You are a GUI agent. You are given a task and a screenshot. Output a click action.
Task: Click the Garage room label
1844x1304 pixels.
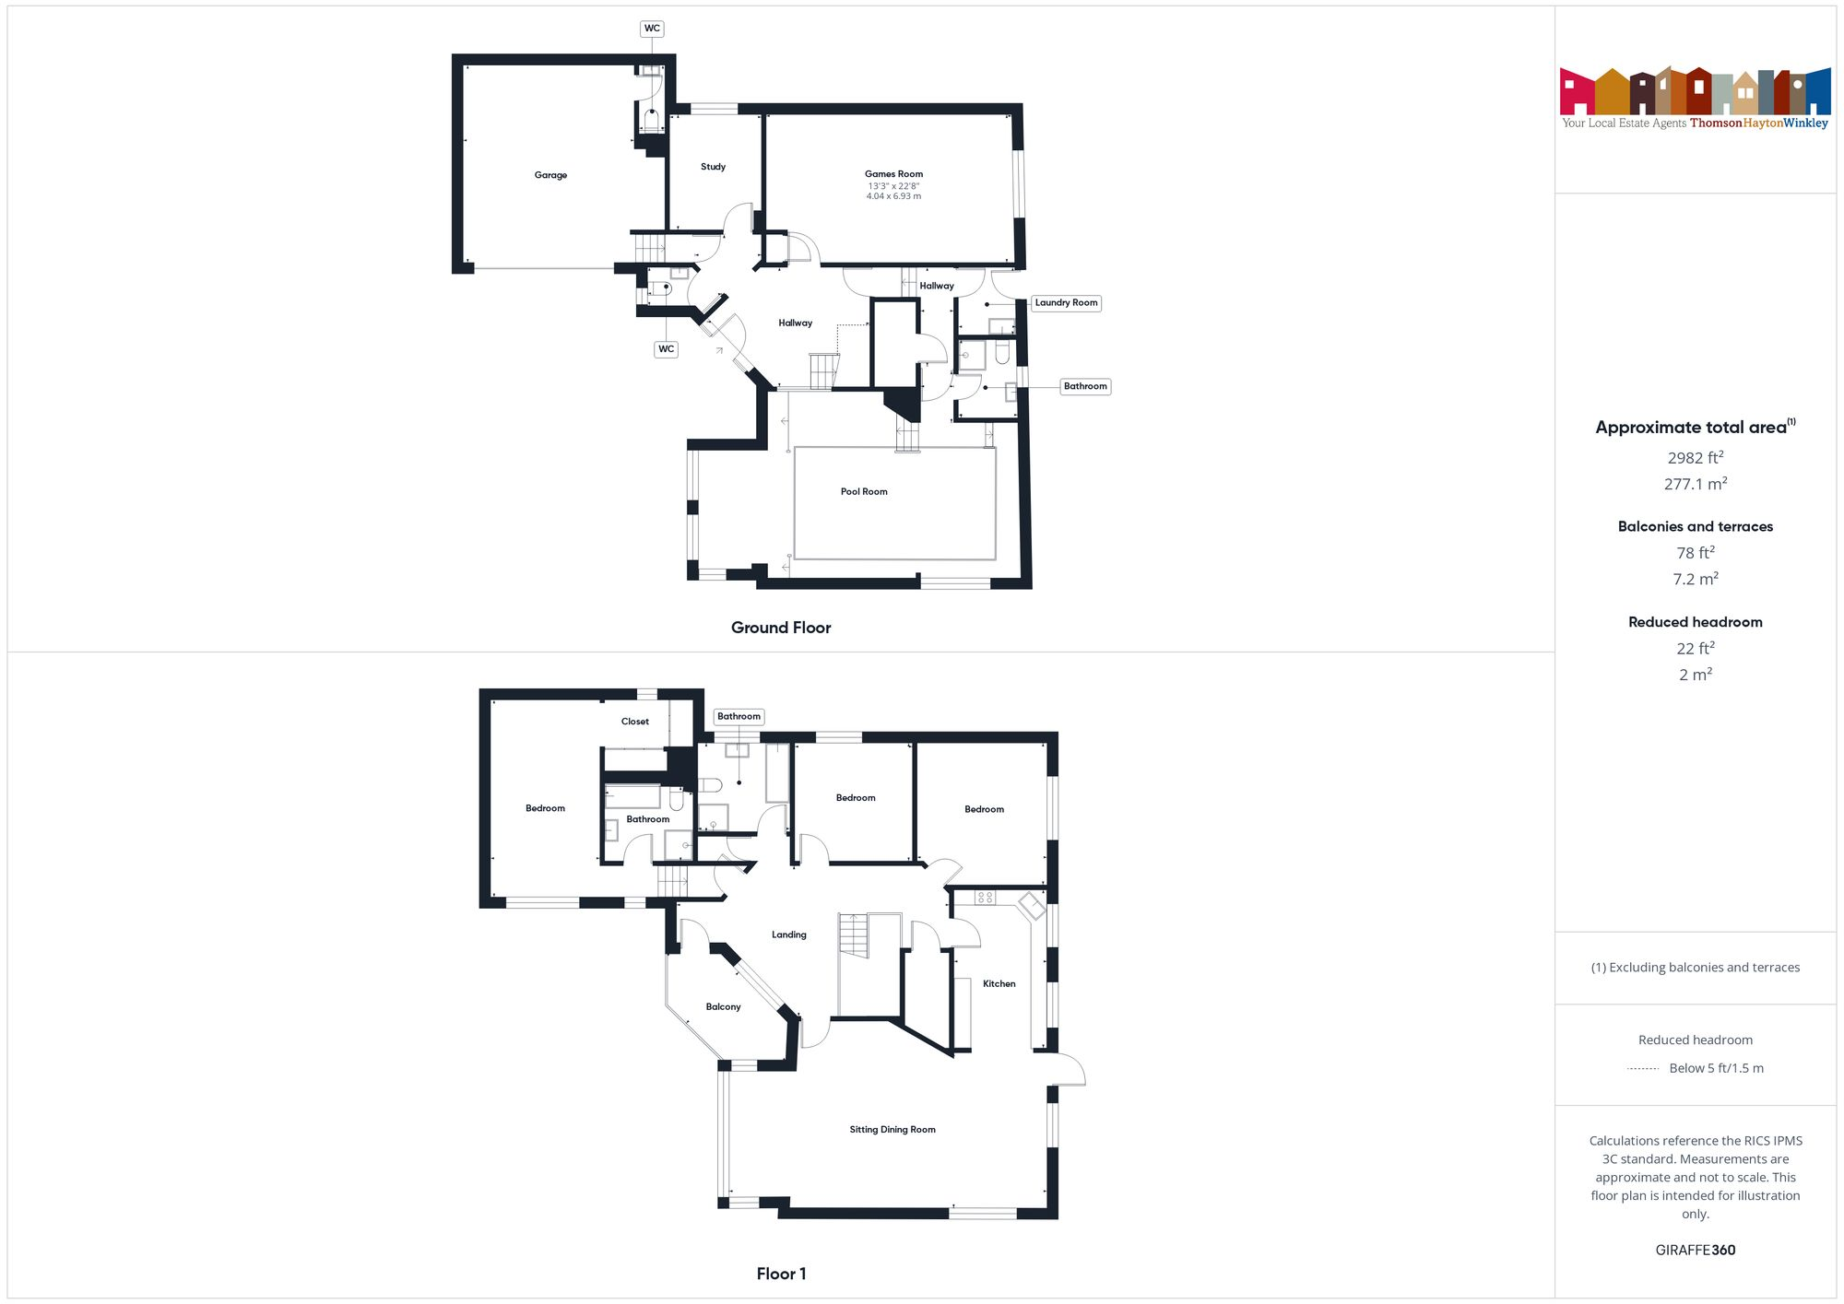(550, 175)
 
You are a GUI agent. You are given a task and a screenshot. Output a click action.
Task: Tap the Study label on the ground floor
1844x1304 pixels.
(713, 167)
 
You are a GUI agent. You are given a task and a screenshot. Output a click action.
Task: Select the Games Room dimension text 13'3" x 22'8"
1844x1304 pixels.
(893, 186)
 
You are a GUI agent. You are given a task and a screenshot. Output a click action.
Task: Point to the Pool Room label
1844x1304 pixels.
(864, 491)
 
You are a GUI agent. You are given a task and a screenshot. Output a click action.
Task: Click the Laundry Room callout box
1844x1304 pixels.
(1066, 302)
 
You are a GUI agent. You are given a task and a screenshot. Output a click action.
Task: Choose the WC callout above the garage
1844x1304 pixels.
(652, 29)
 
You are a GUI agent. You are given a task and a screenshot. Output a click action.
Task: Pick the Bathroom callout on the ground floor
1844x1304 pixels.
(1084, 386)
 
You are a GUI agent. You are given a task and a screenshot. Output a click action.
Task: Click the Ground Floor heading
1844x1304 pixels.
(781, 628)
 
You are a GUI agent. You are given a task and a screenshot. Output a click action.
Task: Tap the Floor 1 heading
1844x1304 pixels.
(781, 1274)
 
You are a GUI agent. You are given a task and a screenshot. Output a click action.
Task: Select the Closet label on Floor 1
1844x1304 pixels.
(634, 722)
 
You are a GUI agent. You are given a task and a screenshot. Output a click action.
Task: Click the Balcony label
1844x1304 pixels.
(723, 1006)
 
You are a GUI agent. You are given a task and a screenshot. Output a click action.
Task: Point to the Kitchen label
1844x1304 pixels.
(999, 983)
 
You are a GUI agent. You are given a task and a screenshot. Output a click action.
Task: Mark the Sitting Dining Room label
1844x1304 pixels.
(892, 1129)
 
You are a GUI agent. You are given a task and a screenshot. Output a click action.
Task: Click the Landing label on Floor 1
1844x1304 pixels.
(788, 934)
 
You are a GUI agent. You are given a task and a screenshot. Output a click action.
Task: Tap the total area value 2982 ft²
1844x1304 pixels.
(1695, 457)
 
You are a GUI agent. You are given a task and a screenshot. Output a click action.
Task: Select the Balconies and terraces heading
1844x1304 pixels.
(1695, 526)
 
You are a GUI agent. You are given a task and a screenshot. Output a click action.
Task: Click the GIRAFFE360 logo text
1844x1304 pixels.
(1695, 1250)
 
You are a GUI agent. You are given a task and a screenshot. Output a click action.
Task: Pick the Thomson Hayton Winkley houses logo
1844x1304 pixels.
(1695, 91)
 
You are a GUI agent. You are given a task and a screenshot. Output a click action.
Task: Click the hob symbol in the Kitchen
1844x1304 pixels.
(985, 897)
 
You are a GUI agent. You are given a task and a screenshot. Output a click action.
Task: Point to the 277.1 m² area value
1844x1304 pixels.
(1695, 484)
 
